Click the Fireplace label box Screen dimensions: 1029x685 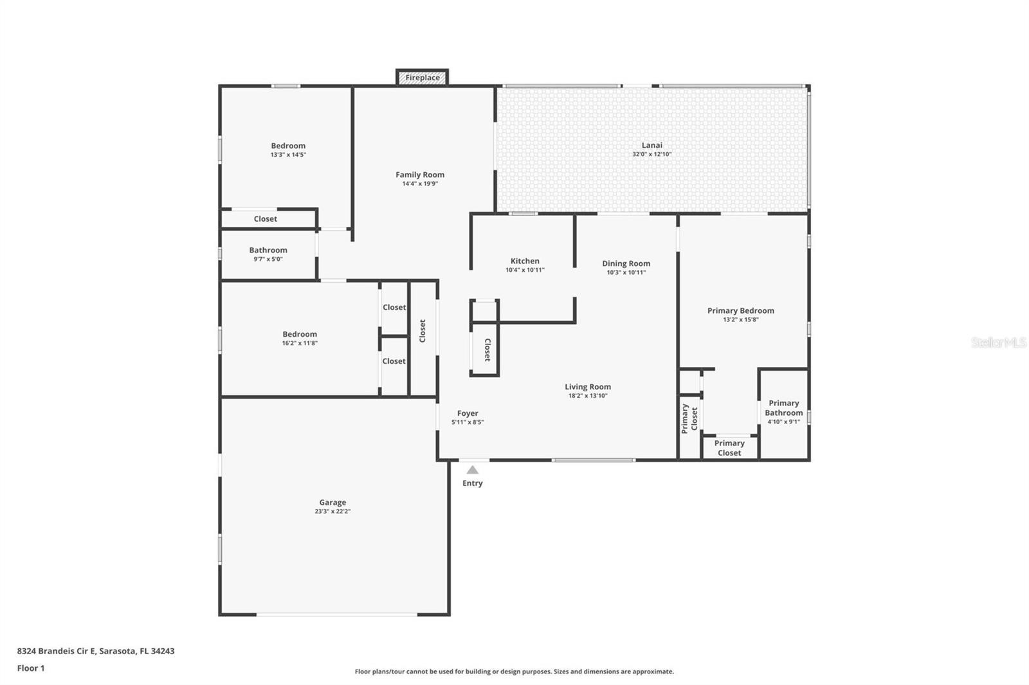[422, 78]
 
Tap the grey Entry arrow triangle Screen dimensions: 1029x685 [472, 470]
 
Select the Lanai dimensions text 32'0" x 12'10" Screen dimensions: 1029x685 [651, 154]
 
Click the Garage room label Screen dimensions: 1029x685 [332, 503]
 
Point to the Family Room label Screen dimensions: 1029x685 [420, 175]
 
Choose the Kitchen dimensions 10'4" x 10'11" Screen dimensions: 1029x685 [525, 270]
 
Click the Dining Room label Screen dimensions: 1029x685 [626, 263]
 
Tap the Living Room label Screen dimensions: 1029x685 [588, 387]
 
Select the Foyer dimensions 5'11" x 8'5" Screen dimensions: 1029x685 [468, 422]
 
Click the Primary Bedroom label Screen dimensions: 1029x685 [740, 311]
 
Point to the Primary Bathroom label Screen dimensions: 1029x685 [784, 407]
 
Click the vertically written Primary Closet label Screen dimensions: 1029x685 [689, 418]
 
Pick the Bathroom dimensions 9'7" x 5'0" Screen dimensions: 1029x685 [268, 259]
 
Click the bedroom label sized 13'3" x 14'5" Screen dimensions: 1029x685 [288, 146]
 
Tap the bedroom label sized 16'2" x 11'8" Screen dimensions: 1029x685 [300, 334]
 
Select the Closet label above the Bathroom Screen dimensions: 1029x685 [265, 219]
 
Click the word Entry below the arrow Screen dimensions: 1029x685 [472, 483]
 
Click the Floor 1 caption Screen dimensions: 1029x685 [31, 668]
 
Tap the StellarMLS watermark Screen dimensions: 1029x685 [999, 342]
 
